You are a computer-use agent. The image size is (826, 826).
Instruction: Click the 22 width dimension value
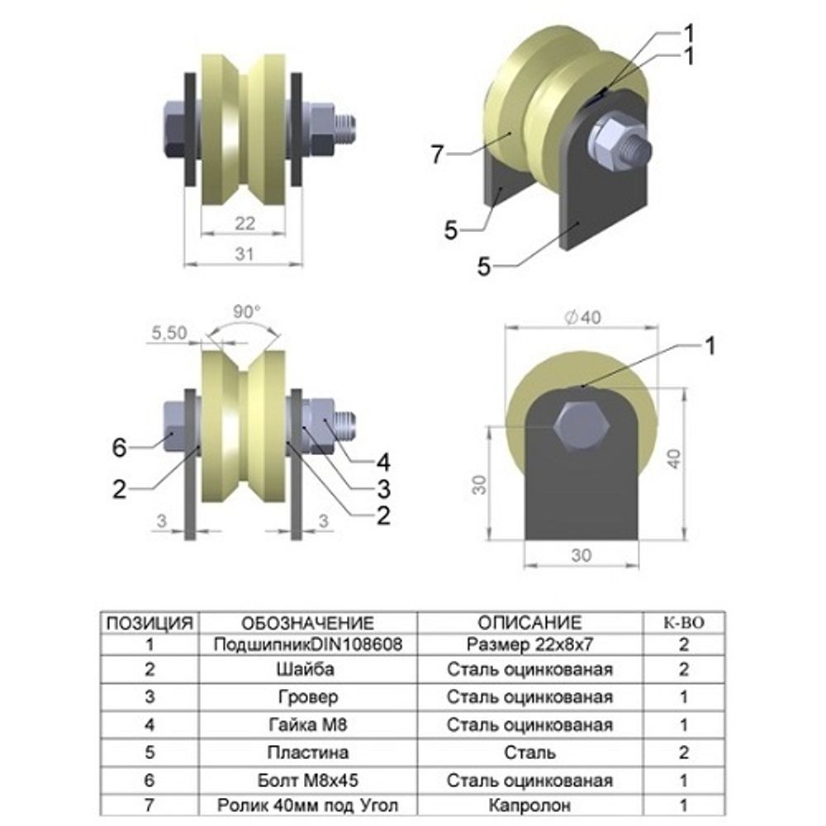244,224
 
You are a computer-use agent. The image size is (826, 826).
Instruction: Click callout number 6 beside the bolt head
121,448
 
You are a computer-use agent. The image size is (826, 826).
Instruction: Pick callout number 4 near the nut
383,462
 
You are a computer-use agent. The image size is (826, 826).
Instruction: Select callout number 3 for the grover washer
383,488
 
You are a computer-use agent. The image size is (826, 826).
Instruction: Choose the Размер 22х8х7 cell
529,644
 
